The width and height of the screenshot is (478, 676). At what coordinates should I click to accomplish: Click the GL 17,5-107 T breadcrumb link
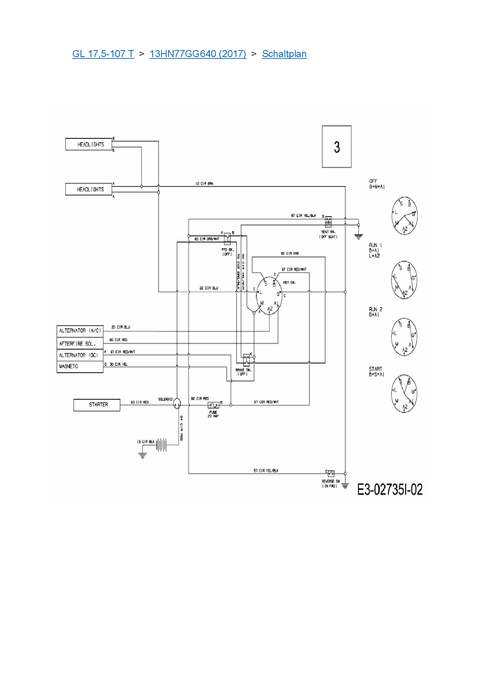[103, 54]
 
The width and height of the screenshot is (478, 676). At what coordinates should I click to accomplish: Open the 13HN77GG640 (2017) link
[198, 54]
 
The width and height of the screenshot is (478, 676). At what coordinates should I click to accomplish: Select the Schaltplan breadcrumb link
[284, 54]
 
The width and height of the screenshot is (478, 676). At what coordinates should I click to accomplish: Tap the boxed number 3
[337, 147]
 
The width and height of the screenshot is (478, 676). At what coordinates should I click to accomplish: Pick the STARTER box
[97, 405]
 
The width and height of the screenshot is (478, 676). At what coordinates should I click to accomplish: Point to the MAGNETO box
[80, 367]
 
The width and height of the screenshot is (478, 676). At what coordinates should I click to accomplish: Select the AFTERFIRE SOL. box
[80, 343]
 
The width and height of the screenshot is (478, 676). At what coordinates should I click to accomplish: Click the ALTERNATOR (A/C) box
[80, 331]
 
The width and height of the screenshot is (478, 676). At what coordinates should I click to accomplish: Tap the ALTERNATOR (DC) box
[80, 355]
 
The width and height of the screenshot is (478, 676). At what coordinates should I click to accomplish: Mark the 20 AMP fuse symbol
[213, 405]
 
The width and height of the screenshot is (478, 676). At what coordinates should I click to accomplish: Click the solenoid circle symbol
[177, 403]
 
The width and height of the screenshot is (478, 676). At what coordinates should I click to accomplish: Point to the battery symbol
[161, 445]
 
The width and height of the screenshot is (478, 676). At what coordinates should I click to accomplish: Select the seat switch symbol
[328, 222]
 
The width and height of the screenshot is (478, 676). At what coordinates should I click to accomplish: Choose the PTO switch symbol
[227, 238]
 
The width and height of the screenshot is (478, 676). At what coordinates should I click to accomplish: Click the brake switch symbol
[246, 360]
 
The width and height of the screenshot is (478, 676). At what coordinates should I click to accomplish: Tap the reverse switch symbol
[331, 474]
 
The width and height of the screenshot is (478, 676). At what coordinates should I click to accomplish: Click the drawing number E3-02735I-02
[390, 489]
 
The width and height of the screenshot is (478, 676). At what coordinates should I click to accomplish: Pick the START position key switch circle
[404, 393]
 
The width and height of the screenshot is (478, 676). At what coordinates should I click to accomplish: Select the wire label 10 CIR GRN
[204, 184]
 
